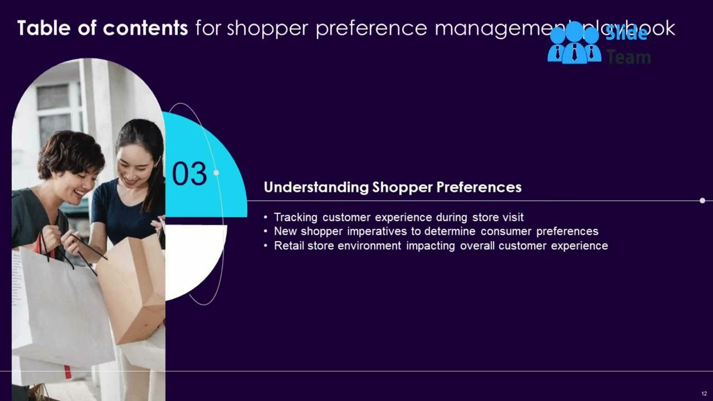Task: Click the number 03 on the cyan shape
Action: (189, 174)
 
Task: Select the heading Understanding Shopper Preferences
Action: (392, 187)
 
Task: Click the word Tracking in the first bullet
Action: (295, 217)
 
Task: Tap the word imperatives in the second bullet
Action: (377, 231)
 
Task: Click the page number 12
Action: (704, 394)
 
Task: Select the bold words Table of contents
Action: (102, 28)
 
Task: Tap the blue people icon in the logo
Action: (574, 43)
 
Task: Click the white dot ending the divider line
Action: (702, 200)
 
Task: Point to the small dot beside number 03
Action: (216, 173)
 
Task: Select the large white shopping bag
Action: (61, 312)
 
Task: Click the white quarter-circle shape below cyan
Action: (192, 256)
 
